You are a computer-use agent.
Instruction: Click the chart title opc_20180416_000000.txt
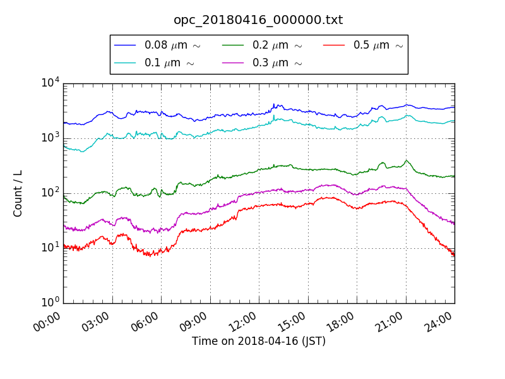[258, 20]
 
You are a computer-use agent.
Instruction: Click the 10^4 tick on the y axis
[50, 83]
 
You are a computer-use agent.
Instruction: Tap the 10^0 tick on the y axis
[50, 303]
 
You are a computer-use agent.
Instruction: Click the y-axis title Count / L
[18, 193]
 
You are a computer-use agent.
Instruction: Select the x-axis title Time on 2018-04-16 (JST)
[259, 342]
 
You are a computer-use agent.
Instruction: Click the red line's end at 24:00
[454, 255]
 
